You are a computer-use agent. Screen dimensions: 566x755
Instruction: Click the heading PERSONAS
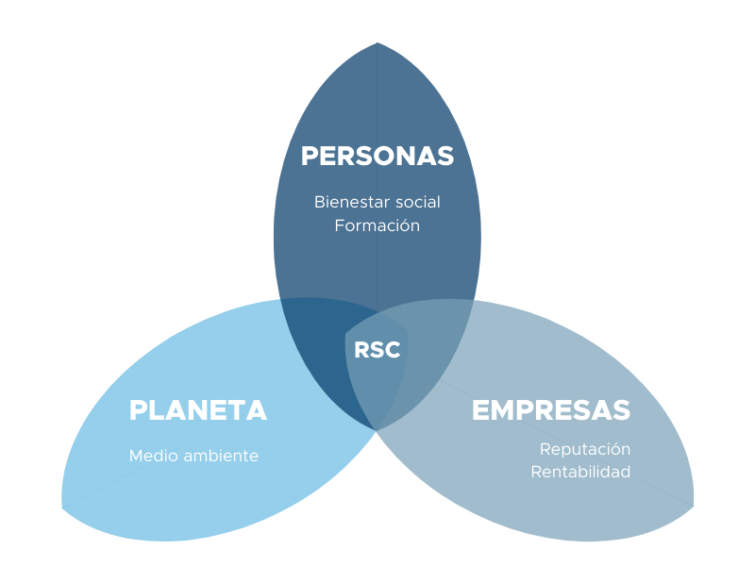pos(377,156)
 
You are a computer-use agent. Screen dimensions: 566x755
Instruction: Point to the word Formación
pos(377,226)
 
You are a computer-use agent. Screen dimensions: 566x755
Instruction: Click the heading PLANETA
pos(198,410)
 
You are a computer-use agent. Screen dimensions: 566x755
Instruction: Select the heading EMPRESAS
pos(551,410)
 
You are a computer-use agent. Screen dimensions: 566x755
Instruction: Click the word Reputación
pos(585,449)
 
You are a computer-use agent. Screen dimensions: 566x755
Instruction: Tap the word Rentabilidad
pos(580,472)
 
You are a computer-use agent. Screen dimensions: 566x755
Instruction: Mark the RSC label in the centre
pos(377,350)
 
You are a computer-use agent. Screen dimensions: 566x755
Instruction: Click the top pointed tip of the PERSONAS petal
pos(377,43)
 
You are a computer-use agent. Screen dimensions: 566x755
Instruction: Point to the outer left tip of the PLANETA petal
pos(63,505)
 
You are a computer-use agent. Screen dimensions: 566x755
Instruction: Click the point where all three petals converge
pos(377,429)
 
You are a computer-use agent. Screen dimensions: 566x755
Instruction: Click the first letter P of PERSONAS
pos(310,156)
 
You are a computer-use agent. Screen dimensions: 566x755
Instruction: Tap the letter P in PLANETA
pos(138,410)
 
